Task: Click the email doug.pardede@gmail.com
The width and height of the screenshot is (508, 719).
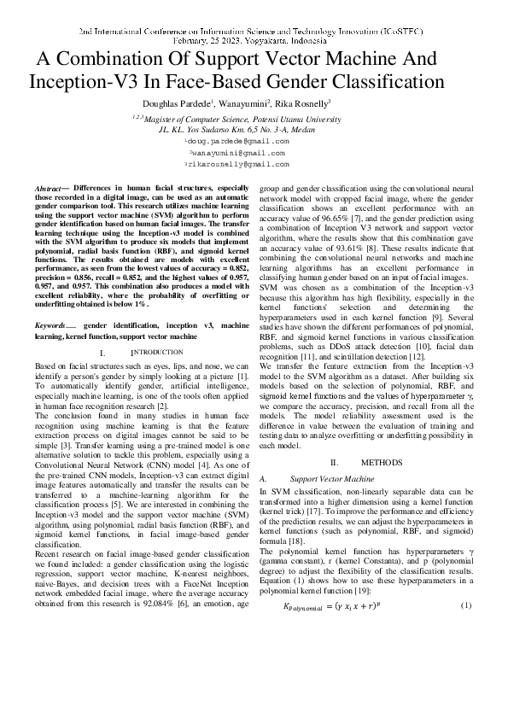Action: [237, 141]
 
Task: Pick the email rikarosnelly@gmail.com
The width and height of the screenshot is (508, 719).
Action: [237, 163]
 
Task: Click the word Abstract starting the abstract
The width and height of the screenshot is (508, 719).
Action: [49, 187]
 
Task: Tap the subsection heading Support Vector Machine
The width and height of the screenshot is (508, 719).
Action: [330, 480]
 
